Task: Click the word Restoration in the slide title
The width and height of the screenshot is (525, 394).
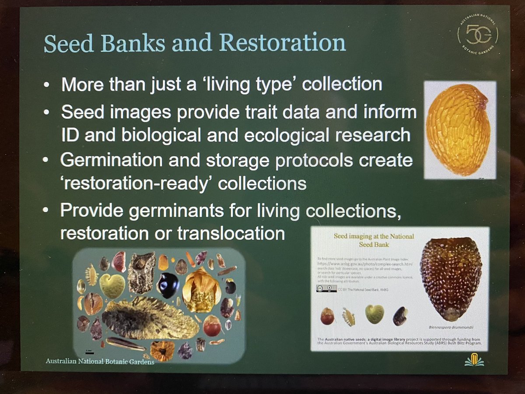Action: (x=283, y=43)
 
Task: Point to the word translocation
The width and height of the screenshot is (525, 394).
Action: (x=231, y=233)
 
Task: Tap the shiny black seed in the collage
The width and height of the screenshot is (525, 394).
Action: (x=168, y=285)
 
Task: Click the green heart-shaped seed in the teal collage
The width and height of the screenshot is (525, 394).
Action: (x=112, y=285)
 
